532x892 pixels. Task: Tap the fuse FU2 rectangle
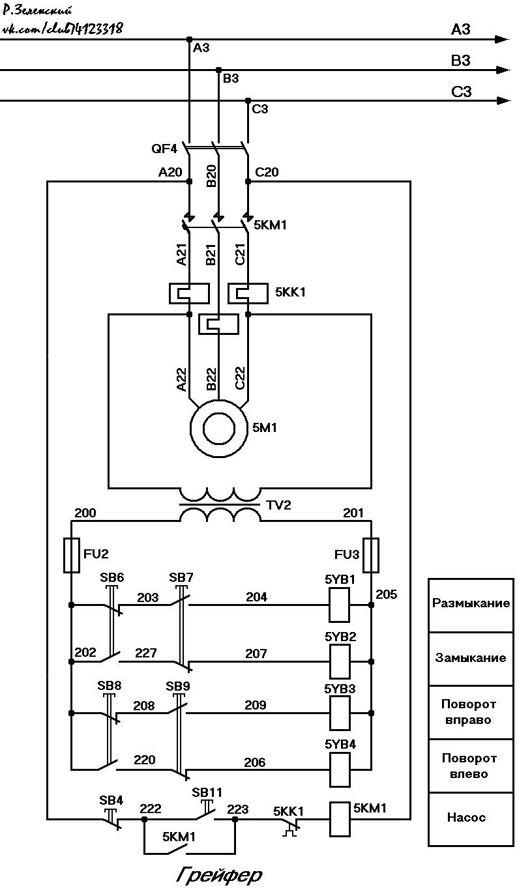[x=72, y=555]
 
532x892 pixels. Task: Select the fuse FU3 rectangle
[x=371, y=555]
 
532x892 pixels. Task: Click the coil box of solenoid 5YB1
[x=339, y=605]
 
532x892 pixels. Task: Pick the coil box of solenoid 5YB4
[x=340, y=771]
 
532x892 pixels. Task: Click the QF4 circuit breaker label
[x=164, y=149]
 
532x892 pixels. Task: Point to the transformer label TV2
[x=278, y=505]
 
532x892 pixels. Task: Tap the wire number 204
[x=256, y=597]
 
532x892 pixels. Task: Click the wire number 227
[x=146, y=653]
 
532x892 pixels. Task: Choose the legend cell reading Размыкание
[x=471, y=605]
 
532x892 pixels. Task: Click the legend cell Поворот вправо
[x=471, y=712]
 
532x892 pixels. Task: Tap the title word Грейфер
[x=219, y=875]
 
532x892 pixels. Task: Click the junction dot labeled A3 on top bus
[x=189, y=40]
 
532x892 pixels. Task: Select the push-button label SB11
[x=207, y=792]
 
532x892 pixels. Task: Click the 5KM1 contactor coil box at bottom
[x=340, y=819]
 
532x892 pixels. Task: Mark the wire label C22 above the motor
[x=239, y=379]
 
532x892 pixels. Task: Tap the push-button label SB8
[x=109, y=685]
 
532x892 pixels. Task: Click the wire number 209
[x=256, y=705]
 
